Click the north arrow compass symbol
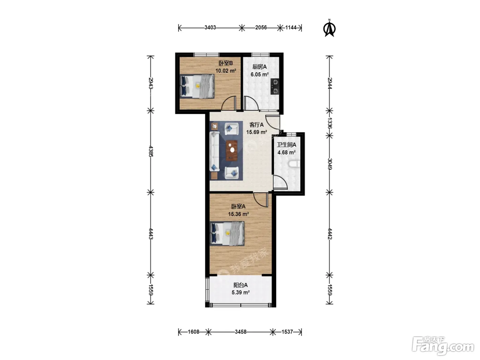(329, 28)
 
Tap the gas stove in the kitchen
(275, 86)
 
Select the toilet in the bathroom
(294, 164)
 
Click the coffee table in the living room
(231, 151)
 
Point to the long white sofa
(215, 151)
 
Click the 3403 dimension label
(210, 27)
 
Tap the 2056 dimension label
(261, 27)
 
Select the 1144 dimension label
(291, 27)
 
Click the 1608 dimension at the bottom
(193, 332)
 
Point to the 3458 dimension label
(241, 332)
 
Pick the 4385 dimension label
(151, 151)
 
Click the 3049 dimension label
(330, 164)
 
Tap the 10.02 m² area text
(226, 71)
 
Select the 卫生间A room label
(287, 145)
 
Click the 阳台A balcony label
(241, 285)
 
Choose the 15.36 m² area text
(238, 214)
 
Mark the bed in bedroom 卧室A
(227, 233)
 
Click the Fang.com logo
(443, 346)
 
